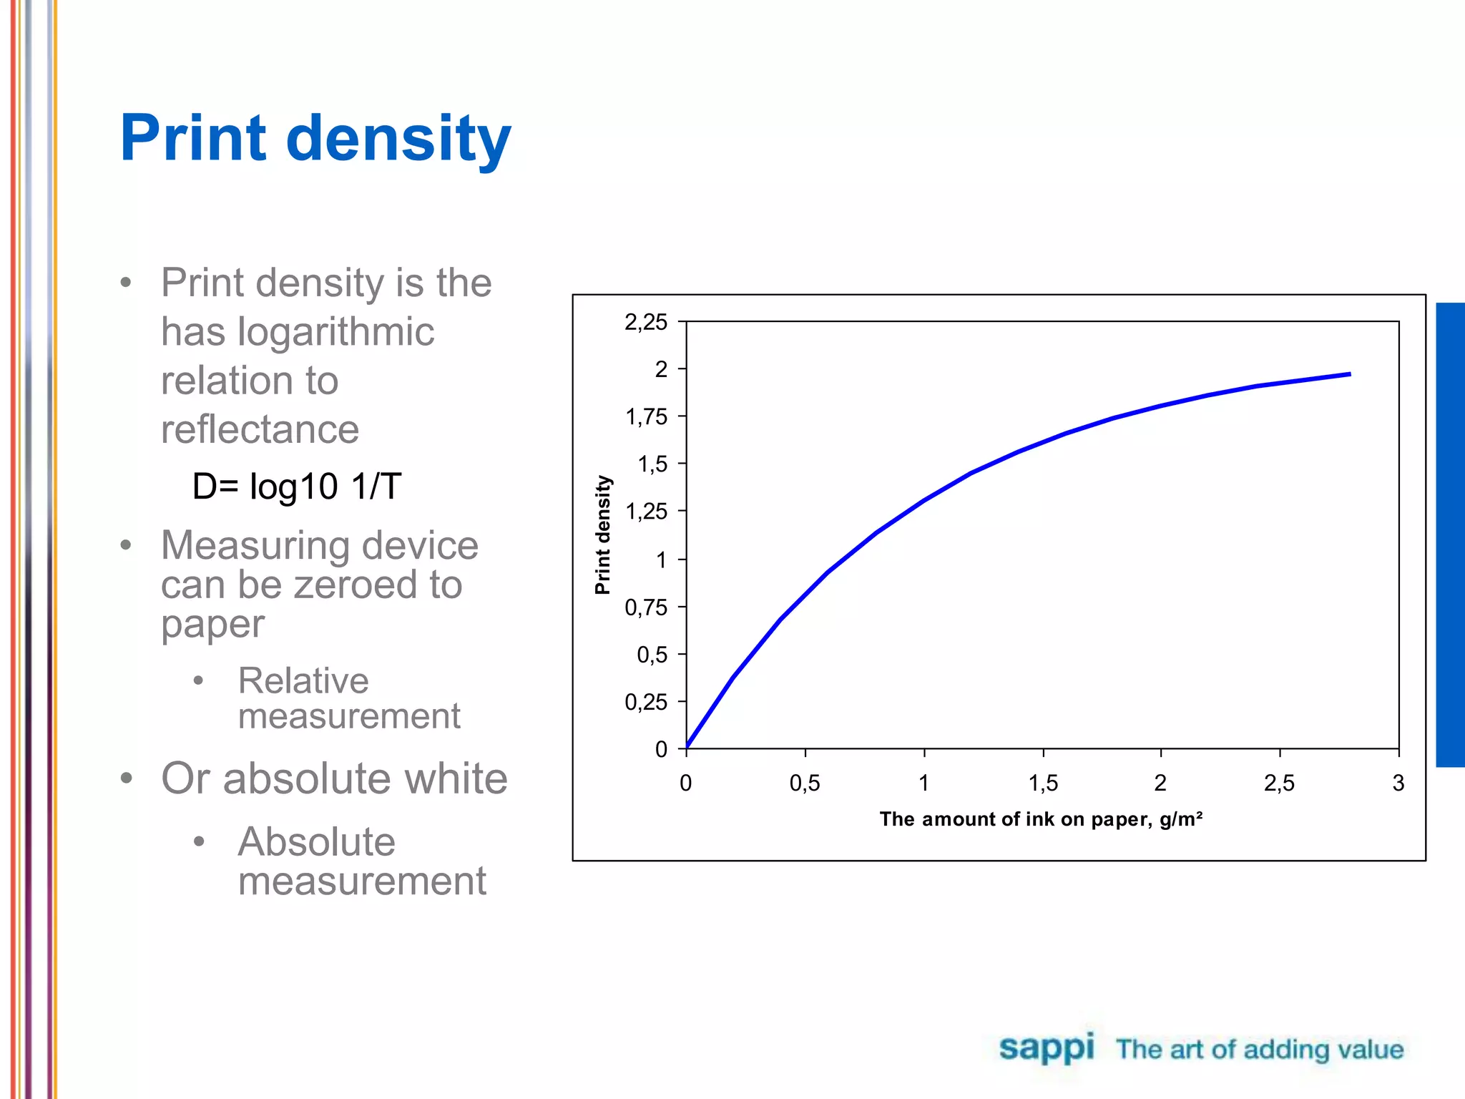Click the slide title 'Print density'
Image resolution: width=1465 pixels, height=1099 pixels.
coord(315,139)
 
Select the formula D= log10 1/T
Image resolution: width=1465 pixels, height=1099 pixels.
coord(297,487)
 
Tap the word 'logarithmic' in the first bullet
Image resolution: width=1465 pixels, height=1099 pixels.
coord(335,332)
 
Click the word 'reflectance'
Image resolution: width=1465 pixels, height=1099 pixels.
coord(260,429)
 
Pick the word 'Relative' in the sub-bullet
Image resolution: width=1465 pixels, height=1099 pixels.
coord(303,680)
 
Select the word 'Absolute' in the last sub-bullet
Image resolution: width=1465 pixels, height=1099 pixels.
coord(316,841)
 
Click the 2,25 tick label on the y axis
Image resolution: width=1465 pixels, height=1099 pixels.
coord(646,322)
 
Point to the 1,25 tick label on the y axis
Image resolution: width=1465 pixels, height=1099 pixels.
coord(646,512)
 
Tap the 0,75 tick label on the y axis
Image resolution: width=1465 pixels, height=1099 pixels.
coord(646,607)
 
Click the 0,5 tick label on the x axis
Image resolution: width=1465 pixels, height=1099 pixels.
coord(805,783)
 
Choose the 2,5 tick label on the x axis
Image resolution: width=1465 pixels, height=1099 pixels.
coord(1279,783)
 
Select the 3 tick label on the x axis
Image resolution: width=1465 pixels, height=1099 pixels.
coord(1398,783)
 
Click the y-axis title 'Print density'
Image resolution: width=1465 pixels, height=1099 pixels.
coord(603,534)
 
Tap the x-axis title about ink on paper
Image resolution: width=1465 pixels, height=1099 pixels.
coord(1041,819)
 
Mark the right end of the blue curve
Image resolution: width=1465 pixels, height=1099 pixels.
coord(1348,374)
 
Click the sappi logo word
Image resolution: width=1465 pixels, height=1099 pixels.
coord(1047,1048)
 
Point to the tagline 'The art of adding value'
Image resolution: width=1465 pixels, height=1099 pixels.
coord(1260,1050)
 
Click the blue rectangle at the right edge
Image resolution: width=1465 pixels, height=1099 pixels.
coord(1450,534)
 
